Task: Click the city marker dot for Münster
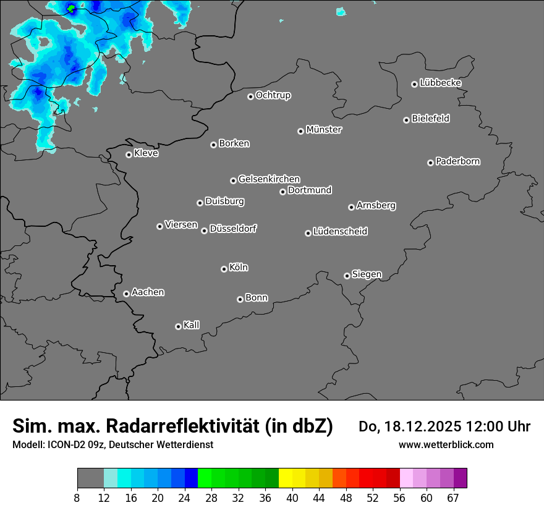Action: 300,131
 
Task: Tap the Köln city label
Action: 239,268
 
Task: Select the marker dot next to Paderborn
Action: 430,163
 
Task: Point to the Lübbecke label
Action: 440,83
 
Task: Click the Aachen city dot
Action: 126,294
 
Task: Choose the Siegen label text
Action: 367,274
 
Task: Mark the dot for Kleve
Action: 129,155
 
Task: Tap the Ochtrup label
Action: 273,95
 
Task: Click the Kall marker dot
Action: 178,326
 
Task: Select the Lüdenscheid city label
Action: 340,232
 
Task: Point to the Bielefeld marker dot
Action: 406,120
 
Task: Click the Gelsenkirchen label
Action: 269,179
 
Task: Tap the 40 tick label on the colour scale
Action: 292,498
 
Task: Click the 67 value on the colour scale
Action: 453,498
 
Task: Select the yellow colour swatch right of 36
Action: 286,478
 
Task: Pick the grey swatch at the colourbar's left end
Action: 90,478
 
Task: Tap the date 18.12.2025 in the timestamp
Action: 420,426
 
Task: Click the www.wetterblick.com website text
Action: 446,444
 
